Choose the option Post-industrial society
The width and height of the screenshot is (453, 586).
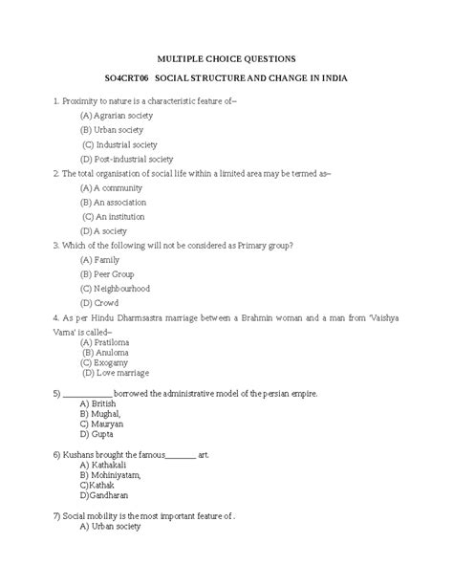point(127,159)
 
